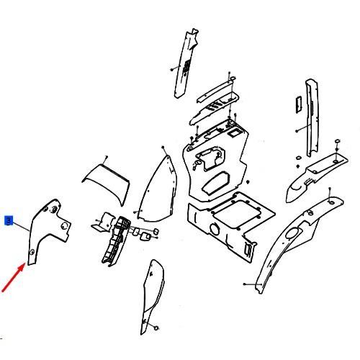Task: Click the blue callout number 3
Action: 9,220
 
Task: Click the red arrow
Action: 14,277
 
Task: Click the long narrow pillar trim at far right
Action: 312,117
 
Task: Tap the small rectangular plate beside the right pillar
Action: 299,104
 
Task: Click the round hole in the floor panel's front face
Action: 214,229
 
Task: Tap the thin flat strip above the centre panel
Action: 215,91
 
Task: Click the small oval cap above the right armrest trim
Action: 337,140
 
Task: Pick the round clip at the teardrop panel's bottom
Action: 156,328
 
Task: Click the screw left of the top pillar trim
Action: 172,69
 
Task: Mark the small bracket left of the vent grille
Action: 102,222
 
